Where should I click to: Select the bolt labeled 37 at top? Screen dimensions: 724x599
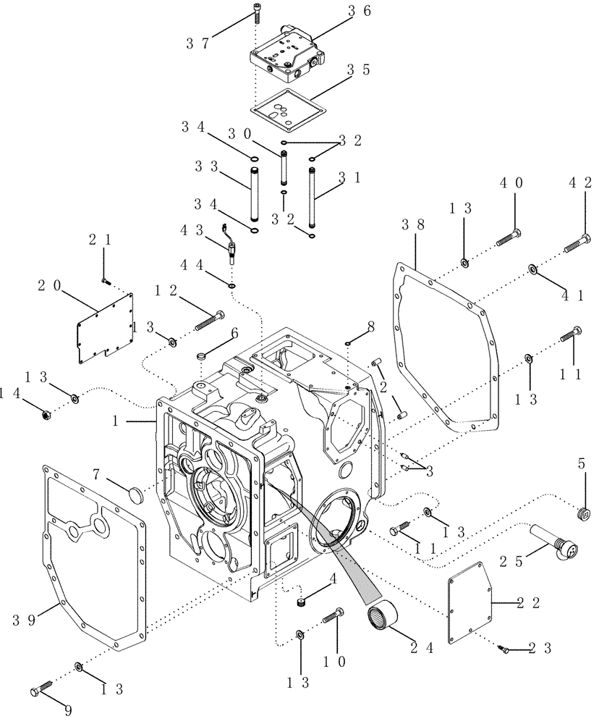[256, 13]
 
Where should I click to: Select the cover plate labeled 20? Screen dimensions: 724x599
[105, 328]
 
